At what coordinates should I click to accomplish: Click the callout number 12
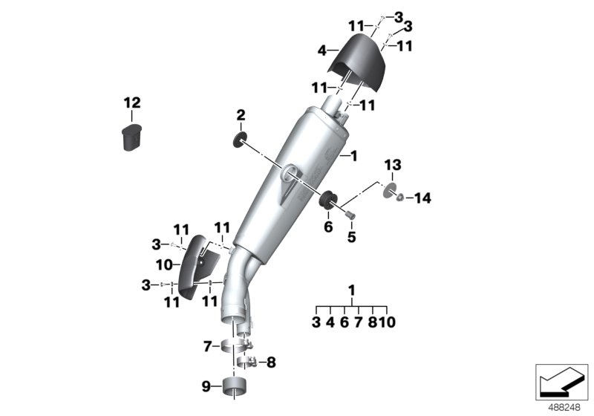tap(131, 103)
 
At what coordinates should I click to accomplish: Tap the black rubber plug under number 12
tap(132, 139)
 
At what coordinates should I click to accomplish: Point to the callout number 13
tap(393, 164)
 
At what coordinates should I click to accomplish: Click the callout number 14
tap(422, 198)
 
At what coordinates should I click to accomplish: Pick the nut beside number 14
tap(399, 198)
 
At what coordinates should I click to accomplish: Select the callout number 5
tap(352, 238)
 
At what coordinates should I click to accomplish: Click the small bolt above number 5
tap(350, 215)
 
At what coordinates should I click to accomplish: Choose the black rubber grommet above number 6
tap(326, 199)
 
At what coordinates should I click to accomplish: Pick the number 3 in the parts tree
tap(316, 322)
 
